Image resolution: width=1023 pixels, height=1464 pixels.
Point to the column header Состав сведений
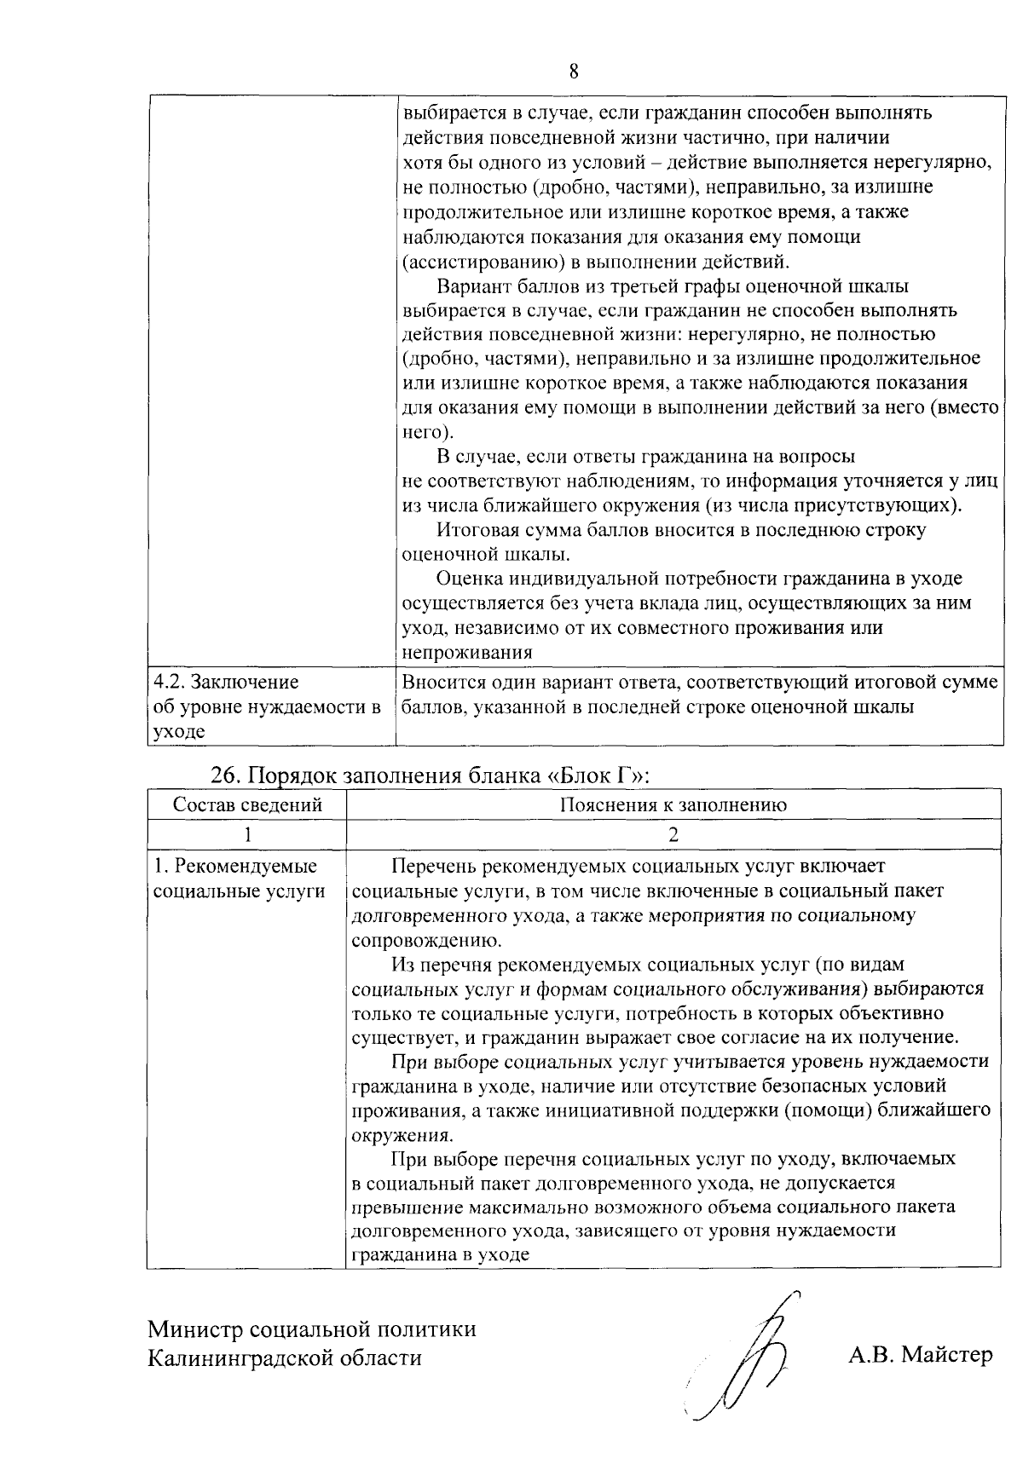coord(247,804)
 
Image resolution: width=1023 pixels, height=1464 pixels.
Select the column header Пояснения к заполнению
coord(673,804)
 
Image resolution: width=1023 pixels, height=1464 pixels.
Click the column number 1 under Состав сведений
coord(247,834)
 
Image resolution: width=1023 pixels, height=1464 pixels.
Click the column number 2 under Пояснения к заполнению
coord(673,834)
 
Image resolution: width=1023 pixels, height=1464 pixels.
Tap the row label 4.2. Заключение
coord(226,682)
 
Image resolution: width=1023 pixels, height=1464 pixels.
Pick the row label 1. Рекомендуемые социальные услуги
coord(239,879)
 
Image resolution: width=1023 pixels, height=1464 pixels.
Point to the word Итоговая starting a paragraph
coord(474,530)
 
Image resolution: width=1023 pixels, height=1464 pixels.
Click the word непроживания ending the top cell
coord(467,653)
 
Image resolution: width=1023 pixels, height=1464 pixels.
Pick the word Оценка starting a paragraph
coord(467,579)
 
